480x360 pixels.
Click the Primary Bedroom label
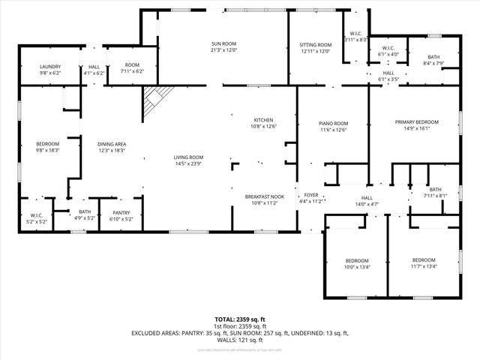tap(417, 124)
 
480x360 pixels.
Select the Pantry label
tap(121, 215)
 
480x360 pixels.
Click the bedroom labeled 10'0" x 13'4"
tap(357, 263)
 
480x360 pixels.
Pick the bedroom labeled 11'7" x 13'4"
tap(424, 263)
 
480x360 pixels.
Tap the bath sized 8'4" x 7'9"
tap(433, 60)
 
